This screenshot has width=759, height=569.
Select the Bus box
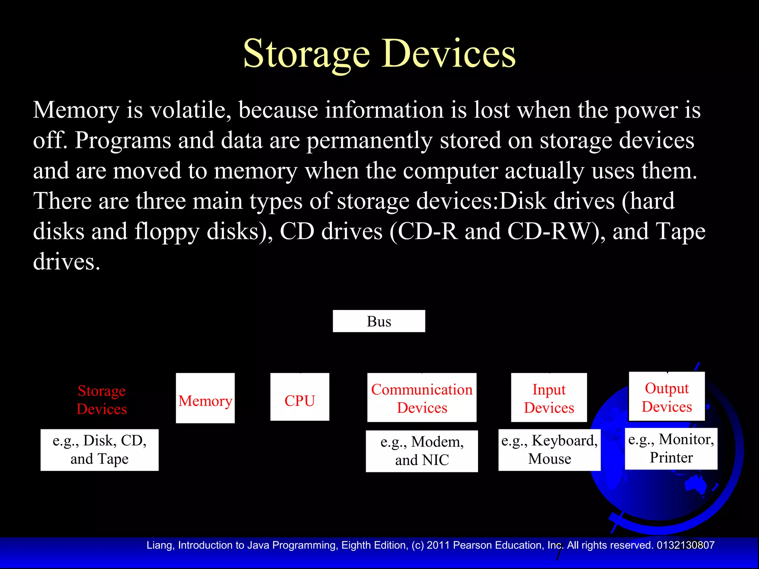tap(379, 321)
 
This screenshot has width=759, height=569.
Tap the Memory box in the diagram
tap(205, 398)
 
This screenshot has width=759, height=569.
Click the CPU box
tap(299, 397)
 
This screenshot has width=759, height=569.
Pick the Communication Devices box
tap(422, 397)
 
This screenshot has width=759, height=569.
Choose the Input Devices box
tap(549, 397)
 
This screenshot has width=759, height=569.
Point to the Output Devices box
tap(667, 396)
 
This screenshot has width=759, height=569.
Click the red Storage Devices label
tap(102, 400)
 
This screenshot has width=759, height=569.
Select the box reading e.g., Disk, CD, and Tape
tap(99, 450)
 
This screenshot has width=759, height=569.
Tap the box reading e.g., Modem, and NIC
tap(422, 451)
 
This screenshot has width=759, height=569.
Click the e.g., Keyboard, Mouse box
tap(549, 450)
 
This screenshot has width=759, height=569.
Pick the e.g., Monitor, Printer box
tap(671, 449)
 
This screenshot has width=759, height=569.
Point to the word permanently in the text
tap(369, 141)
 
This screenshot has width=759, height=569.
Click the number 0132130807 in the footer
tap(685, 545)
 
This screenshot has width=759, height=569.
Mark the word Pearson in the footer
tap(473, 545)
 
